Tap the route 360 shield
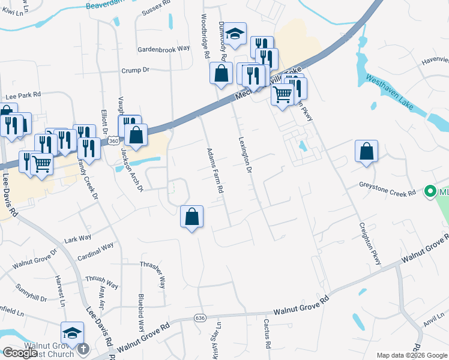pyautogui.click(x=114, y=140)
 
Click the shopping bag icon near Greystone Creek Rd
pyautogui.click(x=366, y=152)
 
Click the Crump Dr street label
pyautogui.click(x=135, y=70)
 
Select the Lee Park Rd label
pyautogui.click(x=23, y=95)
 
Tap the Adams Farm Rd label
pyautogui.click(x=215, y=171)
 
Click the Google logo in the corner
pyautogui.click(x=20, y=353)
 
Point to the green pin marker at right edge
pyautogui.click(x=430, y=192)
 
